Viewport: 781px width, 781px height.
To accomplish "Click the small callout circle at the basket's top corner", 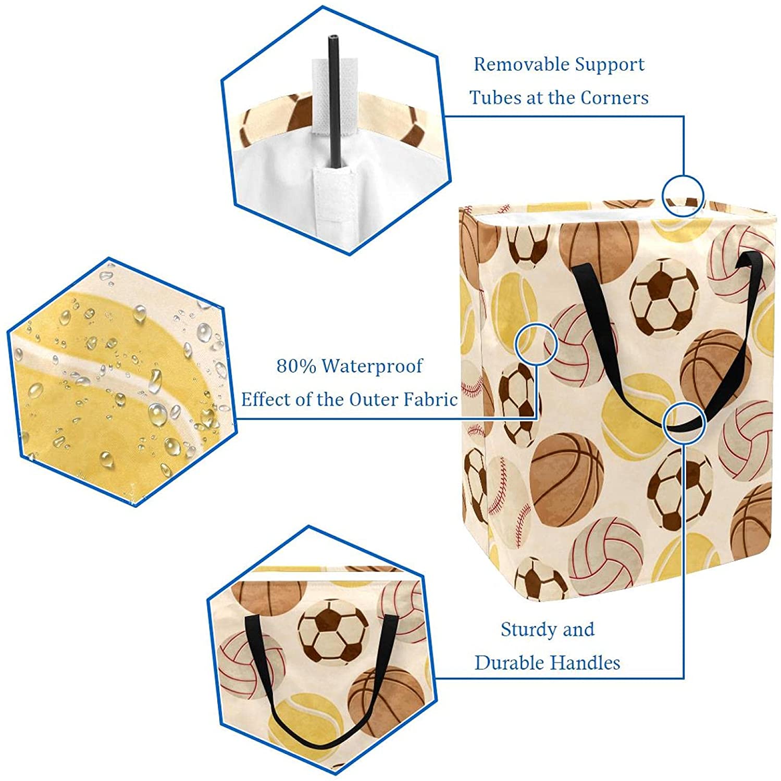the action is point(683,196).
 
